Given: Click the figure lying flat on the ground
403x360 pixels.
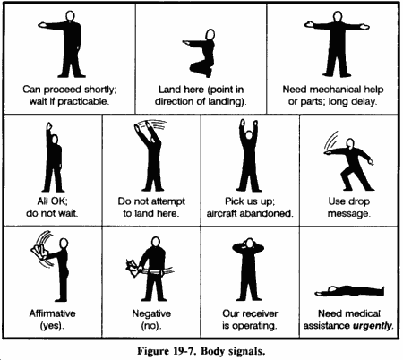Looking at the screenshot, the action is [x=349, y=290].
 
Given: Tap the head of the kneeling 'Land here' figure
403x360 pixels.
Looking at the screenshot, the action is [x=210, y=34].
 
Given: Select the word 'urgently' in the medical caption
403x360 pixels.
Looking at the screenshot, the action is [x=372, y=325].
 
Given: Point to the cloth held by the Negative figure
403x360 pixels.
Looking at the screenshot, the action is [x=133, y=267].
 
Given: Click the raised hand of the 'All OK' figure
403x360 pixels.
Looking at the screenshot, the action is [x=48, y=125].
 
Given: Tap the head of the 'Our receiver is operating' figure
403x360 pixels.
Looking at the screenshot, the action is [x=250, y=244].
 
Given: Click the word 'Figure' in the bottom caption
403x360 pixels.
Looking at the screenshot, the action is [x=152, y=351].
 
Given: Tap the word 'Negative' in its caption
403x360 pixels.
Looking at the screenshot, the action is [x=151, y=313].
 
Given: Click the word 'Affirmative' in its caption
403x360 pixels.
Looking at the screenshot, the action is [x=52, y=313].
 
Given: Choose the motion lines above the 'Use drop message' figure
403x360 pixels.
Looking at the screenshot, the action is [x=330, y=141].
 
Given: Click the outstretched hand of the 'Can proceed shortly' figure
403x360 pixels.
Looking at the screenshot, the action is [x=42, y=25].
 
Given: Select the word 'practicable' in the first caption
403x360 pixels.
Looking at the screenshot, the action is [x=82, y=101].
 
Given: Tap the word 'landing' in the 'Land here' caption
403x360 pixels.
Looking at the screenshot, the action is [x=227, y=101].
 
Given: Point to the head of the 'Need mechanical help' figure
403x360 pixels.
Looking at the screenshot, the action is [x=338, y=16].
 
